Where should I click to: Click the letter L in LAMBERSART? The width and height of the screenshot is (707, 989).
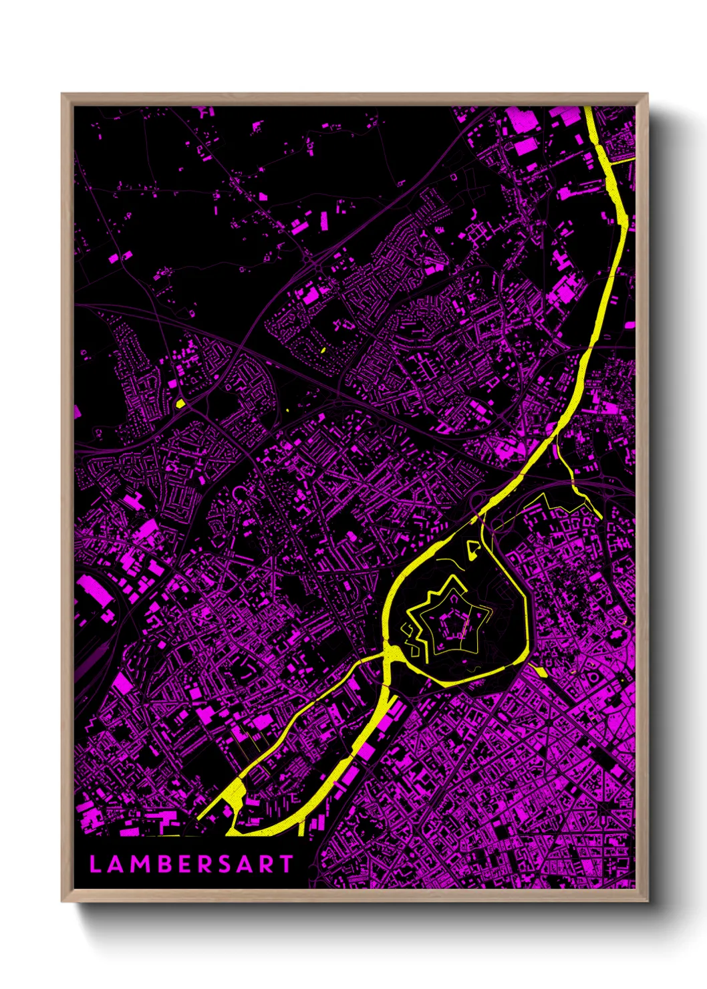95,864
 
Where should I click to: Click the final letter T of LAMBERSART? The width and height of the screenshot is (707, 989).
286,864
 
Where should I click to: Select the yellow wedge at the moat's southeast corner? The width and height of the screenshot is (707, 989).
539,670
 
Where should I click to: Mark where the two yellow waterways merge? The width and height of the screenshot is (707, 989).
388,654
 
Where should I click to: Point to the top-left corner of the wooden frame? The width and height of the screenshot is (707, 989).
63,95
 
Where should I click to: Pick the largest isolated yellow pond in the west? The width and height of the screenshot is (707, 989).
180,403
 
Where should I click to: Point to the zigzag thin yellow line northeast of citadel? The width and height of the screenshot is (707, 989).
555,502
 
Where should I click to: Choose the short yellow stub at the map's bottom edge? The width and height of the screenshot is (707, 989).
303,827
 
